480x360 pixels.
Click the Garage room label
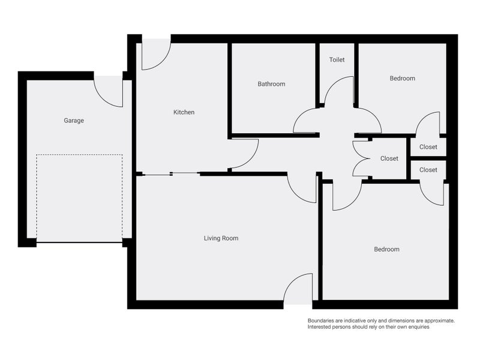(x=74, y=121)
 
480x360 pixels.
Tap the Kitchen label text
(x=184, y=112)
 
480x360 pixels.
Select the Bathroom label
(x=271, y=84)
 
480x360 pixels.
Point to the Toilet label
(x=337, y=61)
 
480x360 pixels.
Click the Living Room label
(x=221, y=238)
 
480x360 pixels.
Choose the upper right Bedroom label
(x=402, y=79)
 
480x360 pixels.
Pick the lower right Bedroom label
(x=386, y=249)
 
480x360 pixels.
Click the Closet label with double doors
(x=389, y=158)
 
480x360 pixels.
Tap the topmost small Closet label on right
(x=428, y=147)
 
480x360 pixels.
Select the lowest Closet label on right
(x=428, y=170)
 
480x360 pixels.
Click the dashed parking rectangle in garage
(x=79, y=198)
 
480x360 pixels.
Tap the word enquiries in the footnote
(x=416, y=327)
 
